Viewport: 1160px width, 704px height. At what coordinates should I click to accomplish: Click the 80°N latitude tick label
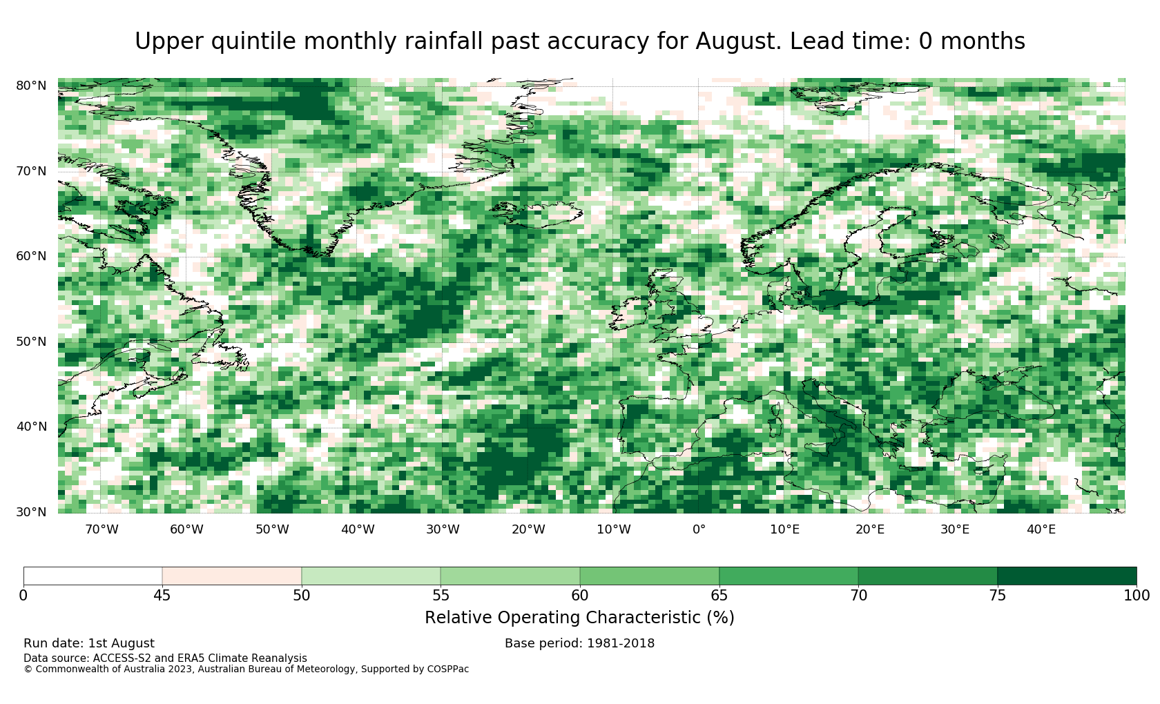point(31,86)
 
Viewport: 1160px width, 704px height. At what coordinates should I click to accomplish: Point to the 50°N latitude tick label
point(31,342)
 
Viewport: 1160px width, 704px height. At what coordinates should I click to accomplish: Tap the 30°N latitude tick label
point(31,512)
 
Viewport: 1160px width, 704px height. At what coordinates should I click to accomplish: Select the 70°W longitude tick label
point(101,529)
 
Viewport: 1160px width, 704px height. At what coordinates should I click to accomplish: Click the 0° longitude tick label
point(699,529)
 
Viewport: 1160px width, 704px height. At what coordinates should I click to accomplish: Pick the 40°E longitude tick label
point(1041,529)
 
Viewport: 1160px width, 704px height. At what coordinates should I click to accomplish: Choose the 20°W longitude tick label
point(528,529)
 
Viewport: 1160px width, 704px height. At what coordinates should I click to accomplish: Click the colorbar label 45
point(162,596)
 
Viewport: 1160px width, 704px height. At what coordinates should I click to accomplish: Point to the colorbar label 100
point(1137,596)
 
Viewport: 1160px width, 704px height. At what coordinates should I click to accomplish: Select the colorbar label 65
point(719,596)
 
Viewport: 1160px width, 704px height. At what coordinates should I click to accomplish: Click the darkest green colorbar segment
point(1067,576)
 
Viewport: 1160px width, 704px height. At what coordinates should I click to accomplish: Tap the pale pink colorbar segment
point(231,576)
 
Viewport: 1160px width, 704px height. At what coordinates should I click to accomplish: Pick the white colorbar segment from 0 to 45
point(93,576)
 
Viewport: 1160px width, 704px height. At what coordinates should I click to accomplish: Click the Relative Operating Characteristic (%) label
point(579,618)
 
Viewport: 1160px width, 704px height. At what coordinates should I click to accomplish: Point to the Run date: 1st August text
point(89,643)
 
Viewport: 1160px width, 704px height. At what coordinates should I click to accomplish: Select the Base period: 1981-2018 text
point(579,643)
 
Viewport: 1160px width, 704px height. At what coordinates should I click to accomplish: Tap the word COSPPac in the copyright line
point(448,669)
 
